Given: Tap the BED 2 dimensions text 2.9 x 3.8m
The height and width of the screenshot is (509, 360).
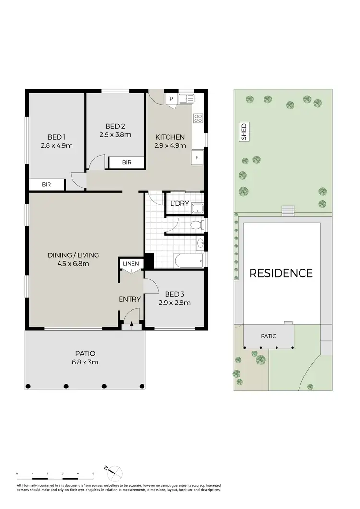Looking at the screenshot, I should pos(115,135).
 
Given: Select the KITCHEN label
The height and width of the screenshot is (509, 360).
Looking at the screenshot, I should pos(170,137).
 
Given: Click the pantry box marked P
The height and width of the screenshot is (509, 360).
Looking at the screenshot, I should pos(171,99).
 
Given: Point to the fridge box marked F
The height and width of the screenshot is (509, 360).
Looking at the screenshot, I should pos(196,157).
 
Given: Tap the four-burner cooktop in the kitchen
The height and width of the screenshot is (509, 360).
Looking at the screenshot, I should pos(198,118).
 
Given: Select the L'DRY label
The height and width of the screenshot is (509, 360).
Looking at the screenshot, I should pos(180,204).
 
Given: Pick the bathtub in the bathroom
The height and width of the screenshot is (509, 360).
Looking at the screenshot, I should pos(189,262).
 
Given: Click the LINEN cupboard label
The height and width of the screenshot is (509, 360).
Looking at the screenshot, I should pos(131,264).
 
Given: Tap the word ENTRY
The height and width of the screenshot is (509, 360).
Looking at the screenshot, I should pos(130,299).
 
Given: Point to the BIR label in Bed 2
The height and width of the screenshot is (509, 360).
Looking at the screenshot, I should pos(126,163).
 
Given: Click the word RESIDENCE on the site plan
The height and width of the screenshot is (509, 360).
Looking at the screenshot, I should pos(281,273).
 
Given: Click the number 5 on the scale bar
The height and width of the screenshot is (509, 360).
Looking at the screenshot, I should pos(93,474).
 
